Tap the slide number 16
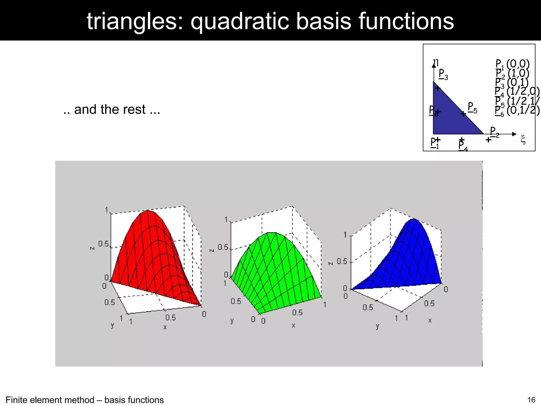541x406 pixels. tap(531, 400)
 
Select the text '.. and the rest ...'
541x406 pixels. tap(112, 109)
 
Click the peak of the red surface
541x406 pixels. tap(147, 211)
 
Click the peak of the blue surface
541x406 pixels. tap(414, 219)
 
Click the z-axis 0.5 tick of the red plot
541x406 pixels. tap(104, 244)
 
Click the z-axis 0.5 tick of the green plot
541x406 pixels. tap(223, 247)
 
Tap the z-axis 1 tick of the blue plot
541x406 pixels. tap(345, 235)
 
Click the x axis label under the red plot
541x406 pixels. tap(165, 327)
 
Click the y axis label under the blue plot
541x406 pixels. tap(377, 326)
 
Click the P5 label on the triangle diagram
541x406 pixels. tap(472, 108)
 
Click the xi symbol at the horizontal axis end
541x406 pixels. tap(523, 140)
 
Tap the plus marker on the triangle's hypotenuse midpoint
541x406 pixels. tap(463, 114)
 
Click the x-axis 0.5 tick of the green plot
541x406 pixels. tap(297, 313)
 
